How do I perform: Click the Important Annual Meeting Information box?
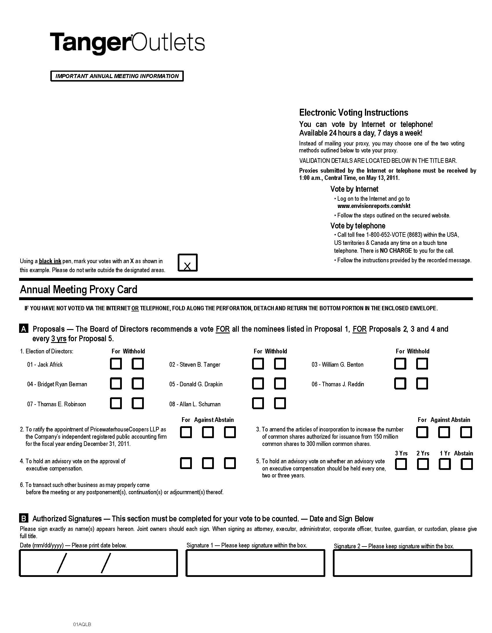point(117,76)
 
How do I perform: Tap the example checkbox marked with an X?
point(188,263)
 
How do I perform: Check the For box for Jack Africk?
point(116,363)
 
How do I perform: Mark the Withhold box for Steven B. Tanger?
point(280,363)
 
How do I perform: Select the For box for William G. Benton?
point(400,363)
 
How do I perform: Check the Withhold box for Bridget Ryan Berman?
point(138,383)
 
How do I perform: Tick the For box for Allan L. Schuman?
point(258,403)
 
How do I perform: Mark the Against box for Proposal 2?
point(208,432)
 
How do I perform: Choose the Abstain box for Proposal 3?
point(466,432)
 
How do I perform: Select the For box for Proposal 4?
point(186,463)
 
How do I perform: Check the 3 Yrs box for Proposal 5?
point(401,464)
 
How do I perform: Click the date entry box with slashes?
point(98,563)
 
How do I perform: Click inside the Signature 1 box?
point(255,563)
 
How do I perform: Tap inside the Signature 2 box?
point(402,563)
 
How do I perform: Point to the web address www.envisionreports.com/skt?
point(374,206)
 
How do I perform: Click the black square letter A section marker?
point(24,329)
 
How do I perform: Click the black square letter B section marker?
point(24,518)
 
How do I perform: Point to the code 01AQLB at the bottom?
point(82,624)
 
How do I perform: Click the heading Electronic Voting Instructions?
point(353,112)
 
